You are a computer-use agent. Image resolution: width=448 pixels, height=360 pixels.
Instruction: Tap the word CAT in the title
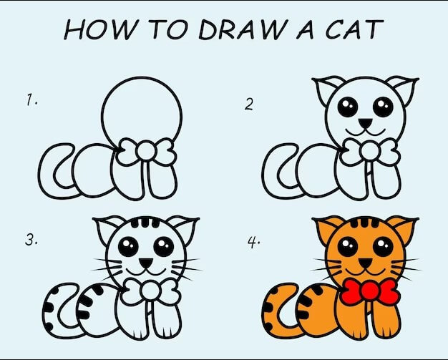354,29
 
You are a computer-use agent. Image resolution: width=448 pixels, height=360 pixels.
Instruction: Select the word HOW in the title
99,29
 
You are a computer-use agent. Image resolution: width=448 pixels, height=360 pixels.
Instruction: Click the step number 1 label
31,100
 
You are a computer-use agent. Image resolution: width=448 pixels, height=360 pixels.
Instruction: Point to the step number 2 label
249,104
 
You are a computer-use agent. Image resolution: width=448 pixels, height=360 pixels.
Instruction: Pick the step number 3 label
31,240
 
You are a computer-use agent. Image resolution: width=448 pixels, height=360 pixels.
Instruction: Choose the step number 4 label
253,243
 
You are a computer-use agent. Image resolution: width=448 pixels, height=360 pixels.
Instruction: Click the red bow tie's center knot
369,291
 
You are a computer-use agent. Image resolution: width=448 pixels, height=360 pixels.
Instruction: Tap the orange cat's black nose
365,263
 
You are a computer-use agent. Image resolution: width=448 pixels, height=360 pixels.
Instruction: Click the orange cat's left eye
347,247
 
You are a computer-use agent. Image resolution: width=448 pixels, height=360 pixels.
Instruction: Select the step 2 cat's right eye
383,107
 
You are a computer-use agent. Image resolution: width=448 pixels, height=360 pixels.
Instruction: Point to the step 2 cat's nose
366,123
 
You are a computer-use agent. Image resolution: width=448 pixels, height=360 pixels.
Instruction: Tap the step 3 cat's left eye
128,247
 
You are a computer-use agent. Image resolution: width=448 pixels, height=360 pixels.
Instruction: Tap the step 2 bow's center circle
369,150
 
